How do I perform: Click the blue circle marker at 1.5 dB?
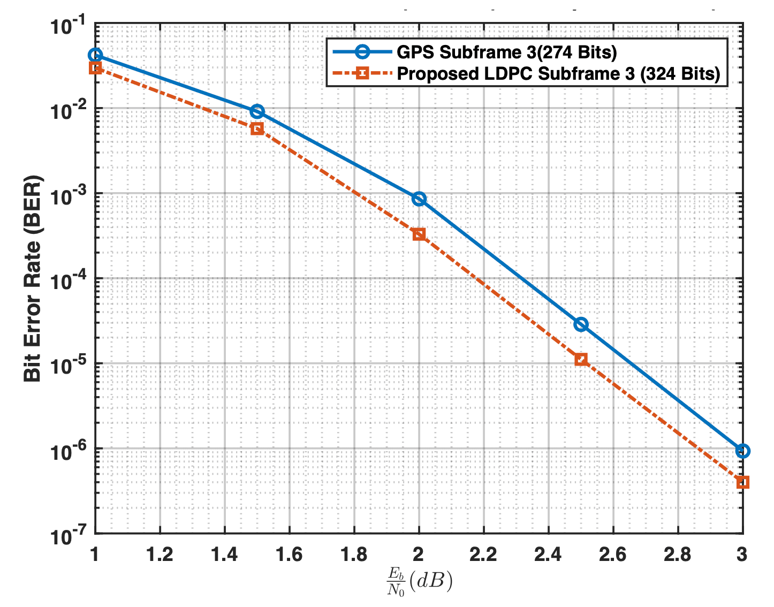click(x=257, y=111)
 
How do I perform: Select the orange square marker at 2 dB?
click(x=419, y=234)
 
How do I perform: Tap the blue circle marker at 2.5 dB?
click(x=581, y=324)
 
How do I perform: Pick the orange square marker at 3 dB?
click(x=742, y=482)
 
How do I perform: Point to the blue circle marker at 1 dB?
click(x=95, y=55)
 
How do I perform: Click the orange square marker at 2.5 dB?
click(x=581, y=359)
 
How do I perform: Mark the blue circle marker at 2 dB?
click(x=419, y=199)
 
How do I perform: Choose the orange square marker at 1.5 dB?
click(x=257, y=128)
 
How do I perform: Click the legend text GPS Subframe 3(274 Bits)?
click(x=506, y=52)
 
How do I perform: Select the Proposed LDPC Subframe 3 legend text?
click(x=558, y=73)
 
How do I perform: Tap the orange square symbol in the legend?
click(x=361, y=73)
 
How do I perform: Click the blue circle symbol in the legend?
click(x=361, y=52)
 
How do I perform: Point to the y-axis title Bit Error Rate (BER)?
click(x=33, y=278)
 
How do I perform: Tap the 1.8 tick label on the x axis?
click(x=354, y=555)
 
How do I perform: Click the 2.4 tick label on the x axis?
click(x=548, y=555)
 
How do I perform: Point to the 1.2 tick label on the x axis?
click(x=160, y=555)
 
